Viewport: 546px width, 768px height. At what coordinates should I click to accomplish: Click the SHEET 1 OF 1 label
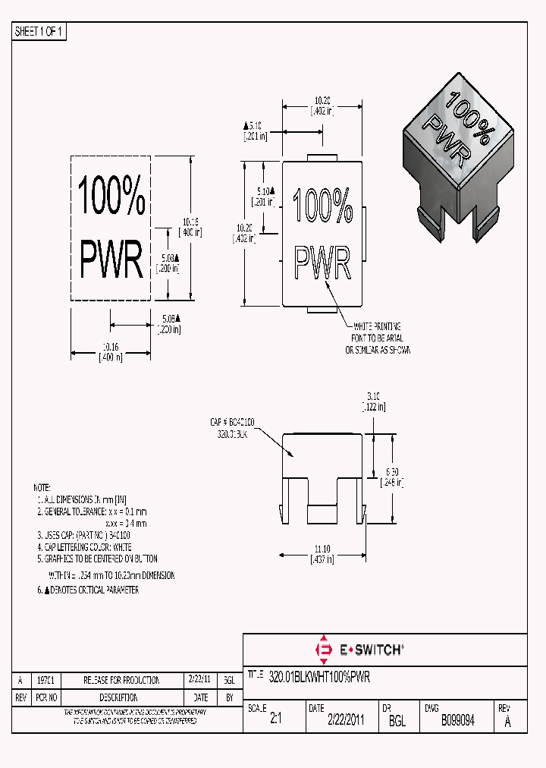(x=40, y=32)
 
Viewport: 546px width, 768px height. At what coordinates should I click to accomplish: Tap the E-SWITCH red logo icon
(x=324, y=650)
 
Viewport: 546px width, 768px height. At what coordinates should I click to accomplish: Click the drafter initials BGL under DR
(x=397, y=722)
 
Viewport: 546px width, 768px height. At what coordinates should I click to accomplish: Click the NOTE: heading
(x=42, y=487)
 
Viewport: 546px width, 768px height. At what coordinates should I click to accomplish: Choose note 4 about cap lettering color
(x=84, y=546)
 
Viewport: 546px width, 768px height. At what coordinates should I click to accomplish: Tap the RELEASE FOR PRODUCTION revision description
(x=121, y=680)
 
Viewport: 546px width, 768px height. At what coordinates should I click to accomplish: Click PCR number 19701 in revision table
(x=46, y=680)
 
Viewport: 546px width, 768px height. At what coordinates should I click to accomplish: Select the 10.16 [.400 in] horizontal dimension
(x=111, y=352)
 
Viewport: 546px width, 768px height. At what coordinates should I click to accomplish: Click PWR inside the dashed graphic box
(x=111, y=260)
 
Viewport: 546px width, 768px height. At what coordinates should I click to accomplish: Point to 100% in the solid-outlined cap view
(x=323, y=206)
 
